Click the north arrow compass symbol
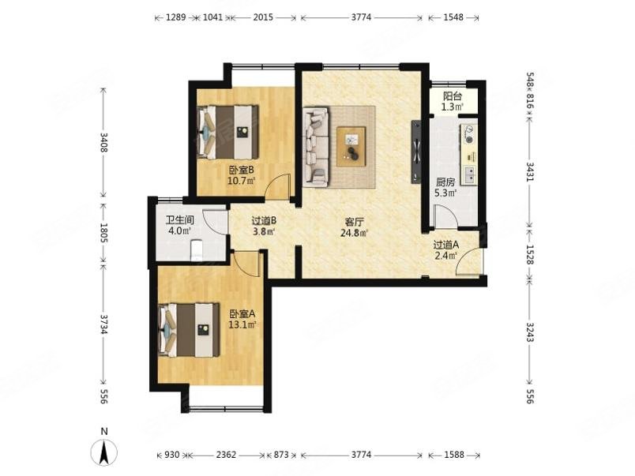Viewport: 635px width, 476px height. click(x=104, y=451)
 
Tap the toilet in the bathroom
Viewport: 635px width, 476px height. click(x=197, y=250)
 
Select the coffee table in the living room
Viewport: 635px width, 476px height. click(x=351, y=146)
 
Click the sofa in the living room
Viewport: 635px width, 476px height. click(x=315, y=147)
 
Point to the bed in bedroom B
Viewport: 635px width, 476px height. click(x=228, y=133)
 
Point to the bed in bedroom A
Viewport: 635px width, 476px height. click(x=189, y=330)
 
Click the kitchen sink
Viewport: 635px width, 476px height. click(x=470, y=175)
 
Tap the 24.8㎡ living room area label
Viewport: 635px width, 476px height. click(x=354, y=233)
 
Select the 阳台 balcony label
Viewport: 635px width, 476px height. click(x=453, y=96)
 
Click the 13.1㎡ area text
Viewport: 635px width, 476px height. click(x=242, y=324)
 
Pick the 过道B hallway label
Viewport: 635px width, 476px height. click(x=264, y=221)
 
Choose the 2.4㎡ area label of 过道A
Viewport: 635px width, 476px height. click(x=446, y=256)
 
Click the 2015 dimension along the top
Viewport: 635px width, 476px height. click(x=263, y=17)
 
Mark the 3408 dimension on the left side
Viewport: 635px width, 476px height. click(x=103, y=142)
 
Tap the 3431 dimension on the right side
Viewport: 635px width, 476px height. click(x=530, y=172)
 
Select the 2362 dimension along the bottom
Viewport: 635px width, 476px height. click(x=226, y=455)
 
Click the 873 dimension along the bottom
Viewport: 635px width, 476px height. click(x=281, y=455)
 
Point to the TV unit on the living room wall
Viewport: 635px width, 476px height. click(x=415, y=152)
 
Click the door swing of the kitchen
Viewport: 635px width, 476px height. click(x=445, y=217)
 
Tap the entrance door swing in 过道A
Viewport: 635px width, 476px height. click(x=469, y=263)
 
